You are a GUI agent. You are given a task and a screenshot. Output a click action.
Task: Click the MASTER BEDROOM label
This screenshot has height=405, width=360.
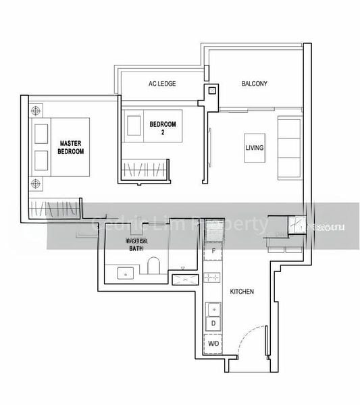[71, 147]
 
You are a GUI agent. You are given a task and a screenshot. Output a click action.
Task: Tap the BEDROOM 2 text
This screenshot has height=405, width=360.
[163, 128]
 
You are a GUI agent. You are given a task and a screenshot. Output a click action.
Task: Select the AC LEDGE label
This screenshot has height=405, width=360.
[162, 84]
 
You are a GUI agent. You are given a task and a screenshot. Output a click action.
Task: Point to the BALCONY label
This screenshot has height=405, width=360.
[255, 84]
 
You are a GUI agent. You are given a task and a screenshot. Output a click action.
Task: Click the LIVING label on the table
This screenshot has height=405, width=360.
[255, 147]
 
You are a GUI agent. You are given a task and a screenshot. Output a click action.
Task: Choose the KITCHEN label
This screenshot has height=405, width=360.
[242, 292]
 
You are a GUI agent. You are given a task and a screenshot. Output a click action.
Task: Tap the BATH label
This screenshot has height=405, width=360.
[137, 248]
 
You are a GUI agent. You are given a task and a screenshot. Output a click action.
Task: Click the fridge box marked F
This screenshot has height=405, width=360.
[213, 252]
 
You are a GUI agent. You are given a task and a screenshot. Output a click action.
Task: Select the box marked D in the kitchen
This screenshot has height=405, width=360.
[213, 323]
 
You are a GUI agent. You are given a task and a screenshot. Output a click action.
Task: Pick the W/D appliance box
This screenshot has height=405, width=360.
[213, 344]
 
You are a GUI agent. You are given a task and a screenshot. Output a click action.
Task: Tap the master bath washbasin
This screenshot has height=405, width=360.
[124, 273]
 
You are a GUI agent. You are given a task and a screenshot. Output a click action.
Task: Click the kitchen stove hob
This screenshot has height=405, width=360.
[213, 277]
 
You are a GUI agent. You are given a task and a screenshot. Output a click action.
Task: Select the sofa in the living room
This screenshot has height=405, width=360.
[290, 147]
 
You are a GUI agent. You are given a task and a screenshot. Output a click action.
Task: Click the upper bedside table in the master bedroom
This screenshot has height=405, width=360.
[35, 109]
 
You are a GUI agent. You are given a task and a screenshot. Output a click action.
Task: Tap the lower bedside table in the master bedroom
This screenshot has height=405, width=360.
[35, 182]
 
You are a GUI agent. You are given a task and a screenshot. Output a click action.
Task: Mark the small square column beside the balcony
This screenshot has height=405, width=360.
[212, 90]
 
